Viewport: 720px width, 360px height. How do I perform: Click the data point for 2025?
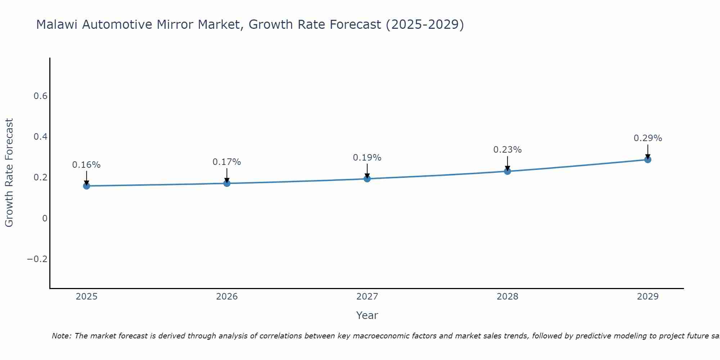[x=86, y=186]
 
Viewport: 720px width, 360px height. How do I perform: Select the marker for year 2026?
[x=227, y=183]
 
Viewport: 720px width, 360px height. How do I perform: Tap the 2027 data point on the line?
[x=367, y=179]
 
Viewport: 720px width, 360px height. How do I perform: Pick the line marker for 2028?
[x=507, y=171]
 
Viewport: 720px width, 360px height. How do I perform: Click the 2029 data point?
[x=648, y=159]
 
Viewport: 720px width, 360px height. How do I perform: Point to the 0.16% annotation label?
[x=86, y=165]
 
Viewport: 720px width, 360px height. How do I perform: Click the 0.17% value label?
[x=227, y=162]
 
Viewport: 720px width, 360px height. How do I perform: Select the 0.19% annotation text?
[x=367, y=158]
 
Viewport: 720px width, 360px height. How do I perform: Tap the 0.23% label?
[x=507, y=150]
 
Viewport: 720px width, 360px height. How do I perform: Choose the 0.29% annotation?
[x=648, y=138]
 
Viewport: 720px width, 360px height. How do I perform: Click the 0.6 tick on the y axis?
[x=40, y=96]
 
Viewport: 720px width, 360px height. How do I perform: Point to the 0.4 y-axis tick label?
[x=40, y=137]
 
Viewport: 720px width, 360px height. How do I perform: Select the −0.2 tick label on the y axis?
[x=37, y=259]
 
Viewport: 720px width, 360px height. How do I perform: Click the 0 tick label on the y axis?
[x=45, y=219]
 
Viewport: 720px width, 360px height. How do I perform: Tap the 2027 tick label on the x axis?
[x=367, y=297]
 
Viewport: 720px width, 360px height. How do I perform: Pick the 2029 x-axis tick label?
[x=648, y=297]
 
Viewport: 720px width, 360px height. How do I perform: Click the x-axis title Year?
[x=367, y=315]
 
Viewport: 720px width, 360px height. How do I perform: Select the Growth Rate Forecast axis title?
[x=9, y=173]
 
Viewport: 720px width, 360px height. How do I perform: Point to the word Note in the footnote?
[x=61, y=336]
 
